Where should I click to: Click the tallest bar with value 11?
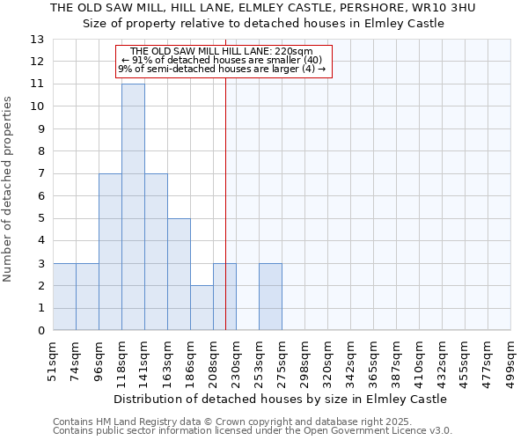133,207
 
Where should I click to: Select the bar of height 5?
179,275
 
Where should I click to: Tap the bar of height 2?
202,308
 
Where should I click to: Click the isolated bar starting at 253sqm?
270,297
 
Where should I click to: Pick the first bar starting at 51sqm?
64,297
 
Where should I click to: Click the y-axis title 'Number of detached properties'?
8,189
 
